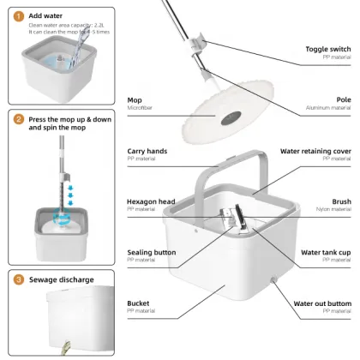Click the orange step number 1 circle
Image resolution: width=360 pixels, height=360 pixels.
[18, 16]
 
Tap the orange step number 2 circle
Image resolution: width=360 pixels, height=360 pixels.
[18, 121]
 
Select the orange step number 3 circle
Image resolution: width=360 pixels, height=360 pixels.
[18, 279]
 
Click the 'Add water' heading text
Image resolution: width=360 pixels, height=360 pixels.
[45, 15]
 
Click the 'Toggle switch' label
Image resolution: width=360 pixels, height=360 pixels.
[327, 49]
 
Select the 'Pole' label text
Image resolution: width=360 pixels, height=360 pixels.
[344, 99]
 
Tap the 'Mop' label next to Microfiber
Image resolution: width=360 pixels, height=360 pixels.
[135, 99]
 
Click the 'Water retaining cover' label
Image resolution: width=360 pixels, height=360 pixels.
[315, 151]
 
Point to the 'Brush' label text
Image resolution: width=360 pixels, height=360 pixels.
[341, 201]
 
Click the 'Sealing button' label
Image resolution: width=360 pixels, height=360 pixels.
[151, 252]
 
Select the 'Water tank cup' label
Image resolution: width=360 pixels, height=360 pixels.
[324, 252]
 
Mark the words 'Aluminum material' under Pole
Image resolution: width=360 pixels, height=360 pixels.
[328, 108]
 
